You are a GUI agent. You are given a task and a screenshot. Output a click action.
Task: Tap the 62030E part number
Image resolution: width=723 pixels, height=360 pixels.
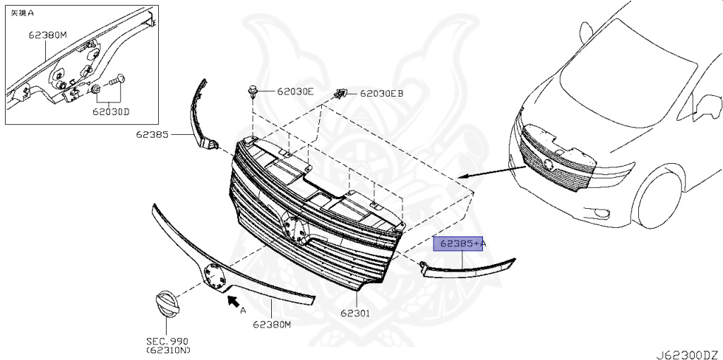point(294,91)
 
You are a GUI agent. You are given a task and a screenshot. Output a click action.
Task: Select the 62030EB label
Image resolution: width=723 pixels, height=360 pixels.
point(382,92)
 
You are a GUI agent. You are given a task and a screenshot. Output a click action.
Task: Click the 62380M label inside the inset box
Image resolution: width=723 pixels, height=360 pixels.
point(47,35)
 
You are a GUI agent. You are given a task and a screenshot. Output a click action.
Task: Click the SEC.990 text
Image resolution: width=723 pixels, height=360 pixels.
point(167,342)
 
